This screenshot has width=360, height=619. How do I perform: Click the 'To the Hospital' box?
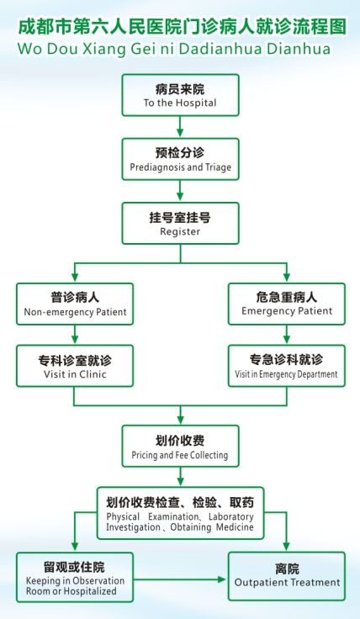180,95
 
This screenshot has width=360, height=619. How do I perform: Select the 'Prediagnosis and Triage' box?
180,159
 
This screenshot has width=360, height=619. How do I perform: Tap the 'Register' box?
180,224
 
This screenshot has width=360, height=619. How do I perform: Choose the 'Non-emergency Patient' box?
75,304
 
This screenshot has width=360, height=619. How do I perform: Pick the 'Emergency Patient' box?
287,304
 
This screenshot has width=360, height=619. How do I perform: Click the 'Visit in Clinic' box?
75,366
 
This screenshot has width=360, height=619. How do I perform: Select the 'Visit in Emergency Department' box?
287,366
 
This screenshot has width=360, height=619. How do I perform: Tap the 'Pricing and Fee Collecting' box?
180,446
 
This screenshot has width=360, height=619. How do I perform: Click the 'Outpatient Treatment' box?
287,576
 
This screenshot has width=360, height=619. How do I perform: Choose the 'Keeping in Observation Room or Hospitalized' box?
75,577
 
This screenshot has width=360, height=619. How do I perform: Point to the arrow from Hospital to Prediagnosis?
180,127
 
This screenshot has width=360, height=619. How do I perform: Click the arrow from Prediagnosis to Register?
180,192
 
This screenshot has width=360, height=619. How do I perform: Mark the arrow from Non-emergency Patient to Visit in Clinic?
75,335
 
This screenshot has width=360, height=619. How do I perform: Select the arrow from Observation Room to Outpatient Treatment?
180,579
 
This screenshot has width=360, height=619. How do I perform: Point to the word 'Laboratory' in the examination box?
231,517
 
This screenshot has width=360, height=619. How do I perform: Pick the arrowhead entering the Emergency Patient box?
287,278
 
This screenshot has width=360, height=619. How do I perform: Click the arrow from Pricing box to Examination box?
180,477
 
